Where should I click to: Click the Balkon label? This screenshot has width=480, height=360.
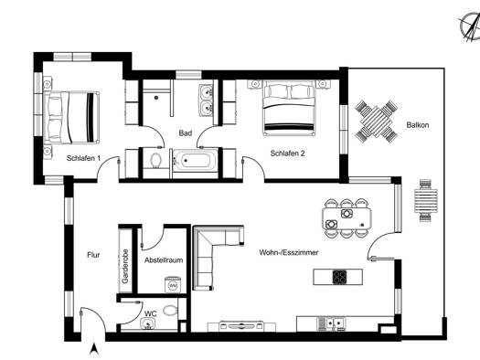[x=418, y=125]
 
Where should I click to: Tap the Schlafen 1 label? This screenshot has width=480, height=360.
[x=83, y=158]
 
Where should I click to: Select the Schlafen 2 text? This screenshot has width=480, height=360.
[x=287, y=154]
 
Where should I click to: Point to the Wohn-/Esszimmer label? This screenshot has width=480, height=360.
[x=289, y=253]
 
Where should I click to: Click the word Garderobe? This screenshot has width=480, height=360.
[x=125, y=266]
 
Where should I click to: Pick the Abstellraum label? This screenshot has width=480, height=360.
[x=164, y=260]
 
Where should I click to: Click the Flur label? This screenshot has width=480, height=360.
[x=93, y=255]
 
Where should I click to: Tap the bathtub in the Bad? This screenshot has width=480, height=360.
[x=196, y=160]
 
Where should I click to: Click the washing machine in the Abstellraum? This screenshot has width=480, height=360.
[x=174, y=284]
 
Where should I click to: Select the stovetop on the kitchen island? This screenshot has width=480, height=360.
[x=339, y=277]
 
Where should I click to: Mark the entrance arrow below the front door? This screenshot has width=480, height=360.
[x=94, y=349]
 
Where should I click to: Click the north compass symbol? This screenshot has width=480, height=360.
[x=470, y=27]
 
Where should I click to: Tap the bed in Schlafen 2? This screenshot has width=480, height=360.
[x=289, y=108]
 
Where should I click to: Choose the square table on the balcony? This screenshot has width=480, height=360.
[x=376, y=122]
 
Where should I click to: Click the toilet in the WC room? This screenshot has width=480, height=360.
[x=170, y=311]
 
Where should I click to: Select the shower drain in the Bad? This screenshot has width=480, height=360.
[x=156, y=98]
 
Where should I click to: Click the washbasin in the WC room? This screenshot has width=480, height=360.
[x=148, y=323]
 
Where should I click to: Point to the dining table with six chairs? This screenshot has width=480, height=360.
[x=347, y=218]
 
